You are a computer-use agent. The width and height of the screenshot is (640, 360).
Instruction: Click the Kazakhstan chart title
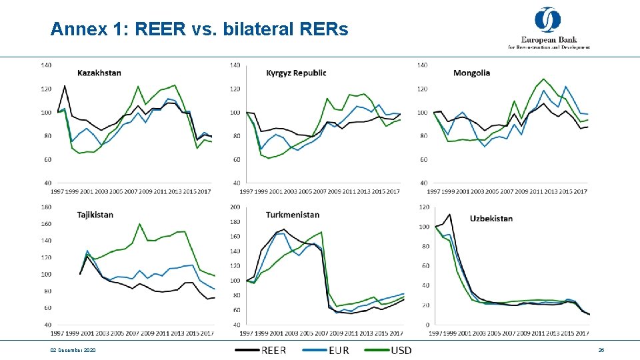99,73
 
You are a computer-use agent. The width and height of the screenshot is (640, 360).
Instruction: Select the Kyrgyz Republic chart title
295,73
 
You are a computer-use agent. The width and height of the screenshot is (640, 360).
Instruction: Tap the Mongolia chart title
471,73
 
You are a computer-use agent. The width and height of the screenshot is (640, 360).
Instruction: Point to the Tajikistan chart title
95,215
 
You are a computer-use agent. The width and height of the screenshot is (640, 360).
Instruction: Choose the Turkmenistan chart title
292,215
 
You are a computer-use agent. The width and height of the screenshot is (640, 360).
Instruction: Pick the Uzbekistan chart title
491,219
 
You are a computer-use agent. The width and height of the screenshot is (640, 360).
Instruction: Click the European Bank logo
548,28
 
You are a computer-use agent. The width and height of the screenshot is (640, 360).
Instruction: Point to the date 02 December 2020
73,351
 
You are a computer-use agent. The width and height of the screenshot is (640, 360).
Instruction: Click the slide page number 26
601,351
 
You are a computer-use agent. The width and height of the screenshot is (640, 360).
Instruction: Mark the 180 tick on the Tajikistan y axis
46,207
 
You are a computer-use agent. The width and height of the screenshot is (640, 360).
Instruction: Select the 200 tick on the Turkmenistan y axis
235,207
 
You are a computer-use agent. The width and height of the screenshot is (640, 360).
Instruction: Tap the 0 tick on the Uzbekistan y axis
426,325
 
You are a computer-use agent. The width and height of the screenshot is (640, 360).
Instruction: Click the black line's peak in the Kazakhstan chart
65,85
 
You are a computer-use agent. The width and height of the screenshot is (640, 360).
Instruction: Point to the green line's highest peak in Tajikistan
139,223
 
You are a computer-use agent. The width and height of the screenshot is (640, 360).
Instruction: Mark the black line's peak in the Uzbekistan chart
449,215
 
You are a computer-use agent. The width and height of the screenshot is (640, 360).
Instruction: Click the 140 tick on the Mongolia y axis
422,65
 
